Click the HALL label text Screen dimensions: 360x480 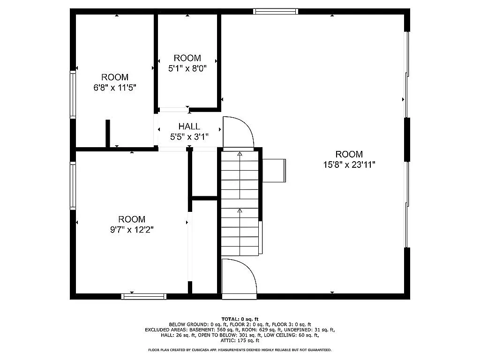click(x=189, y=127)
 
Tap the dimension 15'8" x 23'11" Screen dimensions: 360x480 click(x=349, y=165)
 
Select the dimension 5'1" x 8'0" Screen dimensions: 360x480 click(x=187, y=68)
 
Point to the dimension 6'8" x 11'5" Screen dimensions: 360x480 click(x=115, y=87)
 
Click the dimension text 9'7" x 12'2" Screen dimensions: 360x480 click(x=132, y=229)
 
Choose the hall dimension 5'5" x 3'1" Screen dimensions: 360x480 click(x=189, y=137)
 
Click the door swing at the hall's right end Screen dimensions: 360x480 click(x=238, y=132)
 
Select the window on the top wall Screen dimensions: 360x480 click(x=276, y=11)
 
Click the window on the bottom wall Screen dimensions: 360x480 click(x=144, y=296)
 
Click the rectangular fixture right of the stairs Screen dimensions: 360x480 click(x=274, y=170)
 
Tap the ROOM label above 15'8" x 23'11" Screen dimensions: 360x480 click(x=349, y=154)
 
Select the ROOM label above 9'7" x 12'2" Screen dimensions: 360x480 click(x=132, y=219)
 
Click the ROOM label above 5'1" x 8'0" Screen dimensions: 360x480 click(x=187, y=58)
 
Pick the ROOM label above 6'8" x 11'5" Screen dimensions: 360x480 click(x=115, y=77)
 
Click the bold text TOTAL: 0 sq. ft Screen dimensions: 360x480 click(x=240, y=319)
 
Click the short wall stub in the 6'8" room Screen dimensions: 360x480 click(x=108, y=134)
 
